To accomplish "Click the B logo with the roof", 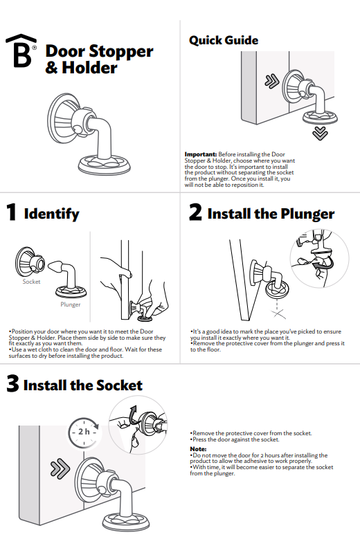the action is click(x=21, y=51).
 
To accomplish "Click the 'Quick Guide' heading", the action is click(x=224, y=41).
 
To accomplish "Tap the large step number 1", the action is click(x=11, y=212).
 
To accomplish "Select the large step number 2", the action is click(x=195, y=212).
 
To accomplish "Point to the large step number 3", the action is click(x=12, y=383).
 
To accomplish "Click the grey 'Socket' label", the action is click(x=31, y=282).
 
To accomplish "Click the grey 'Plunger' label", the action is click(x=71, y=304).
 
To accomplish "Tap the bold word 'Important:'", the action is click(x=201, y=154).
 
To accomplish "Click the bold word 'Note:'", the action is click(x=198, y=449).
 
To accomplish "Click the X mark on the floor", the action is click(x=278, y=313).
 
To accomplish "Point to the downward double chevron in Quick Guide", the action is click(x=320, y=134).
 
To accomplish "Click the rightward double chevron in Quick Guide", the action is click(x=272, y=82).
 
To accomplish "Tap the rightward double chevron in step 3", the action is click(x=60, y=468).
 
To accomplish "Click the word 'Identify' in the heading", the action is click(x=51, y=214).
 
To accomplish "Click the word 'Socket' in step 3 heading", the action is click(x=119, y=385).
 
